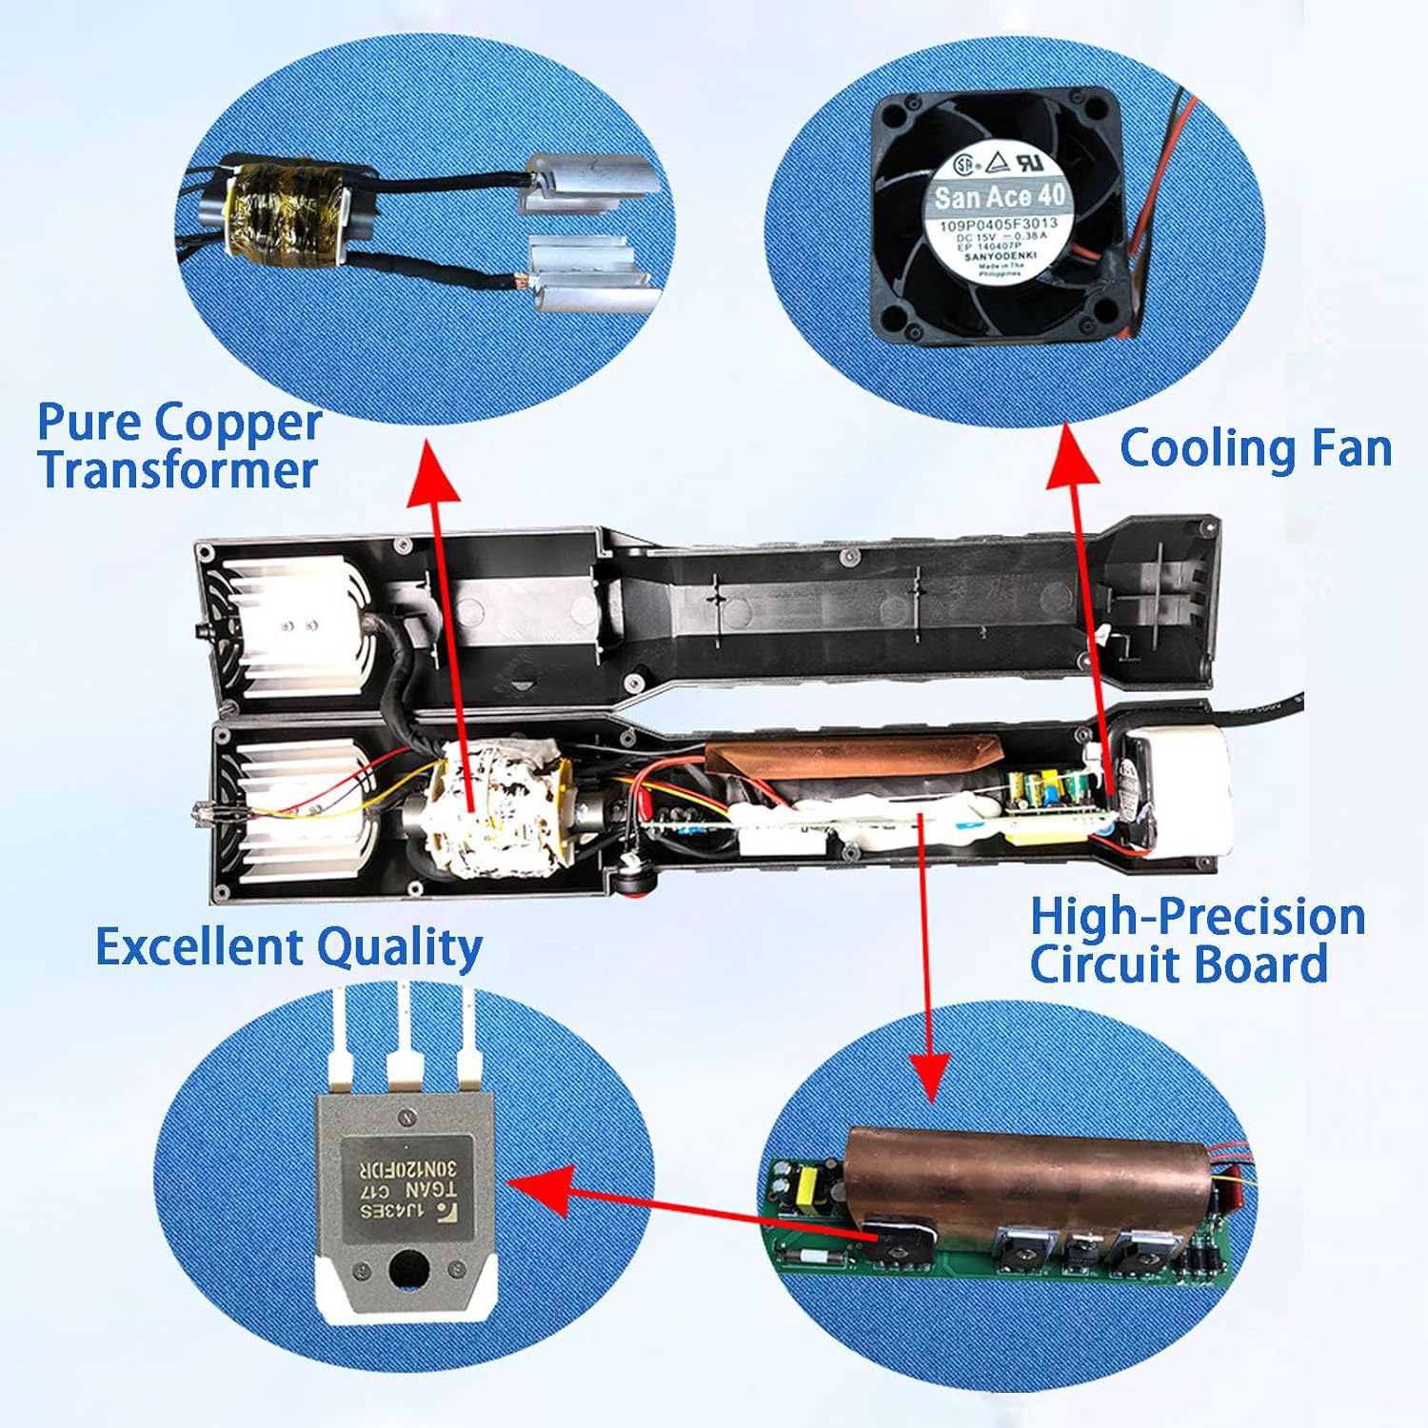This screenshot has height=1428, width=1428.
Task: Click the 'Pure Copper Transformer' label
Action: click(x=178, y=446)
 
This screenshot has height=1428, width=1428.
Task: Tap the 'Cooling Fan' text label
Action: click(x=1255, y=447)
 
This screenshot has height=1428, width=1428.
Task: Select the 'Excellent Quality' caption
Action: click(x=288, y=947)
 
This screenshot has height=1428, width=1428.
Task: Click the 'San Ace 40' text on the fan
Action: click(x=1000, y=197)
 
